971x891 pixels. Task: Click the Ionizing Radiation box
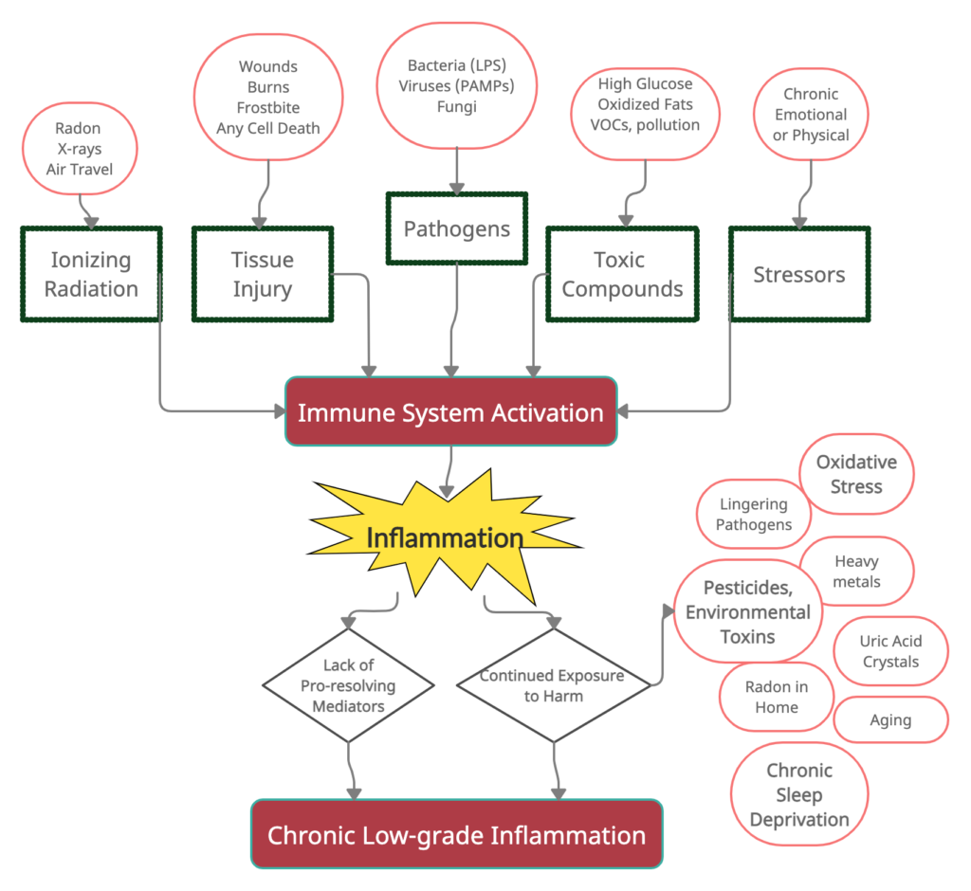tap(91, 274)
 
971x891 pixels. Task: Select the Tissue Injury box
tap(263, 274)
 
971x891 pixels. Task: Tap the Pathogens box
tap(456, 228)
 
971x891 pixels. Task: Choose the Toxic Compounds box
tap(621, 274)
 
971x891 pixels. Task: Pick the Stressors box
tap(798, 274)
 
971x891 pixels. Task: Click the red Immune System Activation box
tap(450, 412)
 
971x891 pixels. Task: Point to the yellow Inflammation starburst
tap(445, 538)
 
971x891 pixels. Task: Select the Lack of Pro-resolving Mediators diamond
tap(348, 684)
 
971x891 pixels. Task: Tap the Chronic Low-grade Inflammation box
tap(456, 835)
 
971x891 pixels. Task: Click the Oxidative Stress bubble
tap(855, 474)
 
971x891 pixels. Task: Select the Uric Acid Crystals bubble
tap(890, 651)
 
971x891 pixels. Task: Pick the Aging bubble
tap(890, 720)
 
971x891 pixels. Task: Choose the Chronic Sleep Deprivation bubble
tap(798, 795)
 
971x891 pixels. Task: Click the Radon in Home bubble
tap(776, 697)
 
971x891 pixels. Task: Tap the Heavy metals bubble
tap(856, 572)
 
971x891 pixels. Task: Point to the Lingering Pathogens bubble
tap(753, 515)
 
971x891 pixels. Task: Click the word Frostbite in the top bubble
tap(267, 108)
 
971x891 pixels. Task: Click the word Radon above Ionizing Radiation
tap(80, 129)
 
